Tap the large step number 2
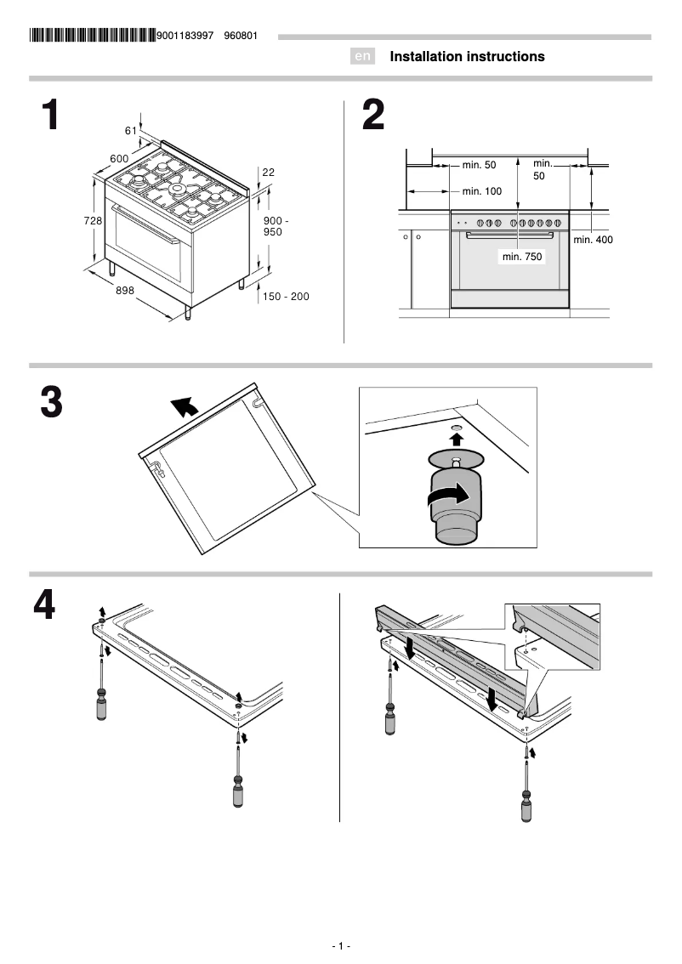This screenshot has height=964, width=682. [x=372, y=116]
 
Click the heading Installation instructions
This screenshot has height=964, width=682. [x=467, y=57]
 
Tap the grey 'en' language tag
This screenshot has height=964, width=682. [x=362, y=57]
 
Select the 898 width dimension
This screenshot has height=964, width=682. [x=125, y=291]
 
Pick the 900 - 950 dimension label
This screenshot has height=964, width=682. [x=276, y=226]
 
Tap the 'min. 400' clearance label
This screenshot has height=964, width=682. [x=593, y=240]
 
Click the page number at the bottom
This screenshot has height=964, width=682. [x=341, y=946]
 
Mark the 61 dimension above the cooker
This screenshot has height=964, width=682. [x=131, y=130]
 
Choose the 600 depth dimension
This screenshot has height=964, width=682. [x=119, y=159]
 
